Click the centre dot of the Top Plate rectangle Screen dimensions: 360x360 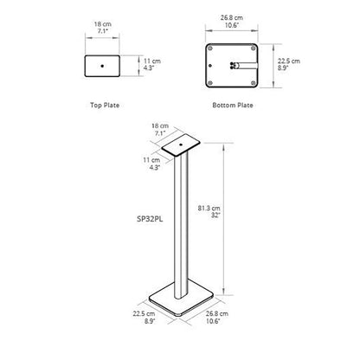tap(102, 66)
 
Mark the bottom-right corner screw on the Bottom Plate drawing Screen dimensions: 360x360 tap(254, 83)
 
